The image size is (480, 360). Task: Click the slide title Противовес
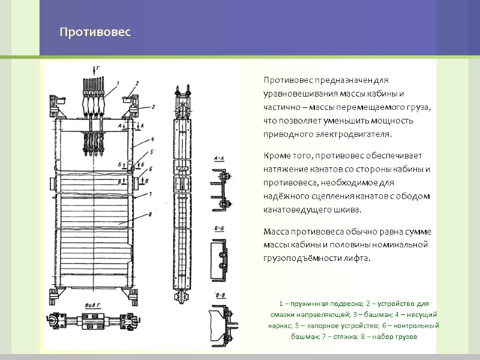pyautogui.click(x=95, y=31)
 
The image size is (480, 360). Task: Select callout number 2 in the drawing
pyautogui.click(x=137, y=83)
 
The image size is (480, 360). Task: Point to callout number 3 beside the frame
pyautogui.click(x=152, y=107)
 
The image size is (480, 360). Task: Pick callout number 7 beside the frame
pyautogui.click(x=151, y=194)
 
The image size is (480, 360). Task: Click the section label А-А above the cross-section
pyautogui.click(x=220, y=158)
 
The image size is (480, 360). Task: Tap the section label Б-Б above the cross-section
pyautogui.click(x=220, y=229)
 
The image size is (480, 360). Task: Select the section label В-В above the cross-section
pyautogui.click(x=220, y=295)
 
